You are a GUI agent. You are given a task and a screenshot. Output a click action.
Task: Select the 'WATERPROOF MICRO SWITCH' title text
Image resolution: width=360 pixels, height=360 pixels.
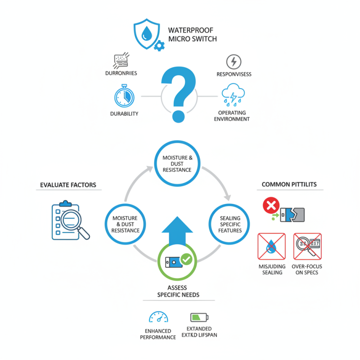(x=192, y=35)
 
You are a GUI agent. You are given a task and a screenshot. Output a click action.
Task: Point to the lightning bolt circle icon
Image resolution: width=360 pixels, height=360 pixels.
(x=233, y=62)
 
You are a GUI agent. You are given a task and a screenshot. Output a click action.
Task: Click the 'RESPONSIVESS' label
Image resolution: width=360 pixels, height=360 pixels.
(x=234, y=74)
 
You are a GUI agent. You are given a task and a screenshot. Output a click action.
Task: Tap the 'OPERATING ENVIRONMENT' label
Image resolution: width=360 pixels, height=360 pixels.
(x=234, y=116)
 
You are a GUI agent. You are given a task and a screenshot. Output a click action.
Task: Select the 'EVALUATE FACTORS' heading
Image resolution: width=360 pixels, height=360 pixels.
(x=68, y=185)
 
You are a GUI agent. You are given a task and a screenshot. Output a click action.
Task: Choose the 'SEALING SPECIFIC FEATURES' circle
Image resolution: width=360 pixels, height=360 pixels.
(x=230, y=224)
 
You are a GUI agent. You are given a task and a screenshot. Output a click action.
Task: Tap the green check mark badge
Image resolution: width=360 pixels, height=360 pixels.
(x=186, y=260)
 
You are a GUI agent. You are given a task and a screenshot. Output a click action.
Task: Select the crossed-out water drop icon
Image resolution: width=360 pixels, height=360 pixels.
(x=272, y=246)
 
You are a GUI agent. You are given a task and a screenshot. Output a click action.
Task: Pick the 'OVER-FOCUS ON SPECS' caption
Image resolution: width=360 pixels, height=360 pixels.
(x=307, y=270)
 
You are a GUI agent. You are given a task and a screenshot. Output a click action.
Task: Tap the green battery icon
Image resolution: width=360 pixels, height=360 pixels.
(x=199, y=317)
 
